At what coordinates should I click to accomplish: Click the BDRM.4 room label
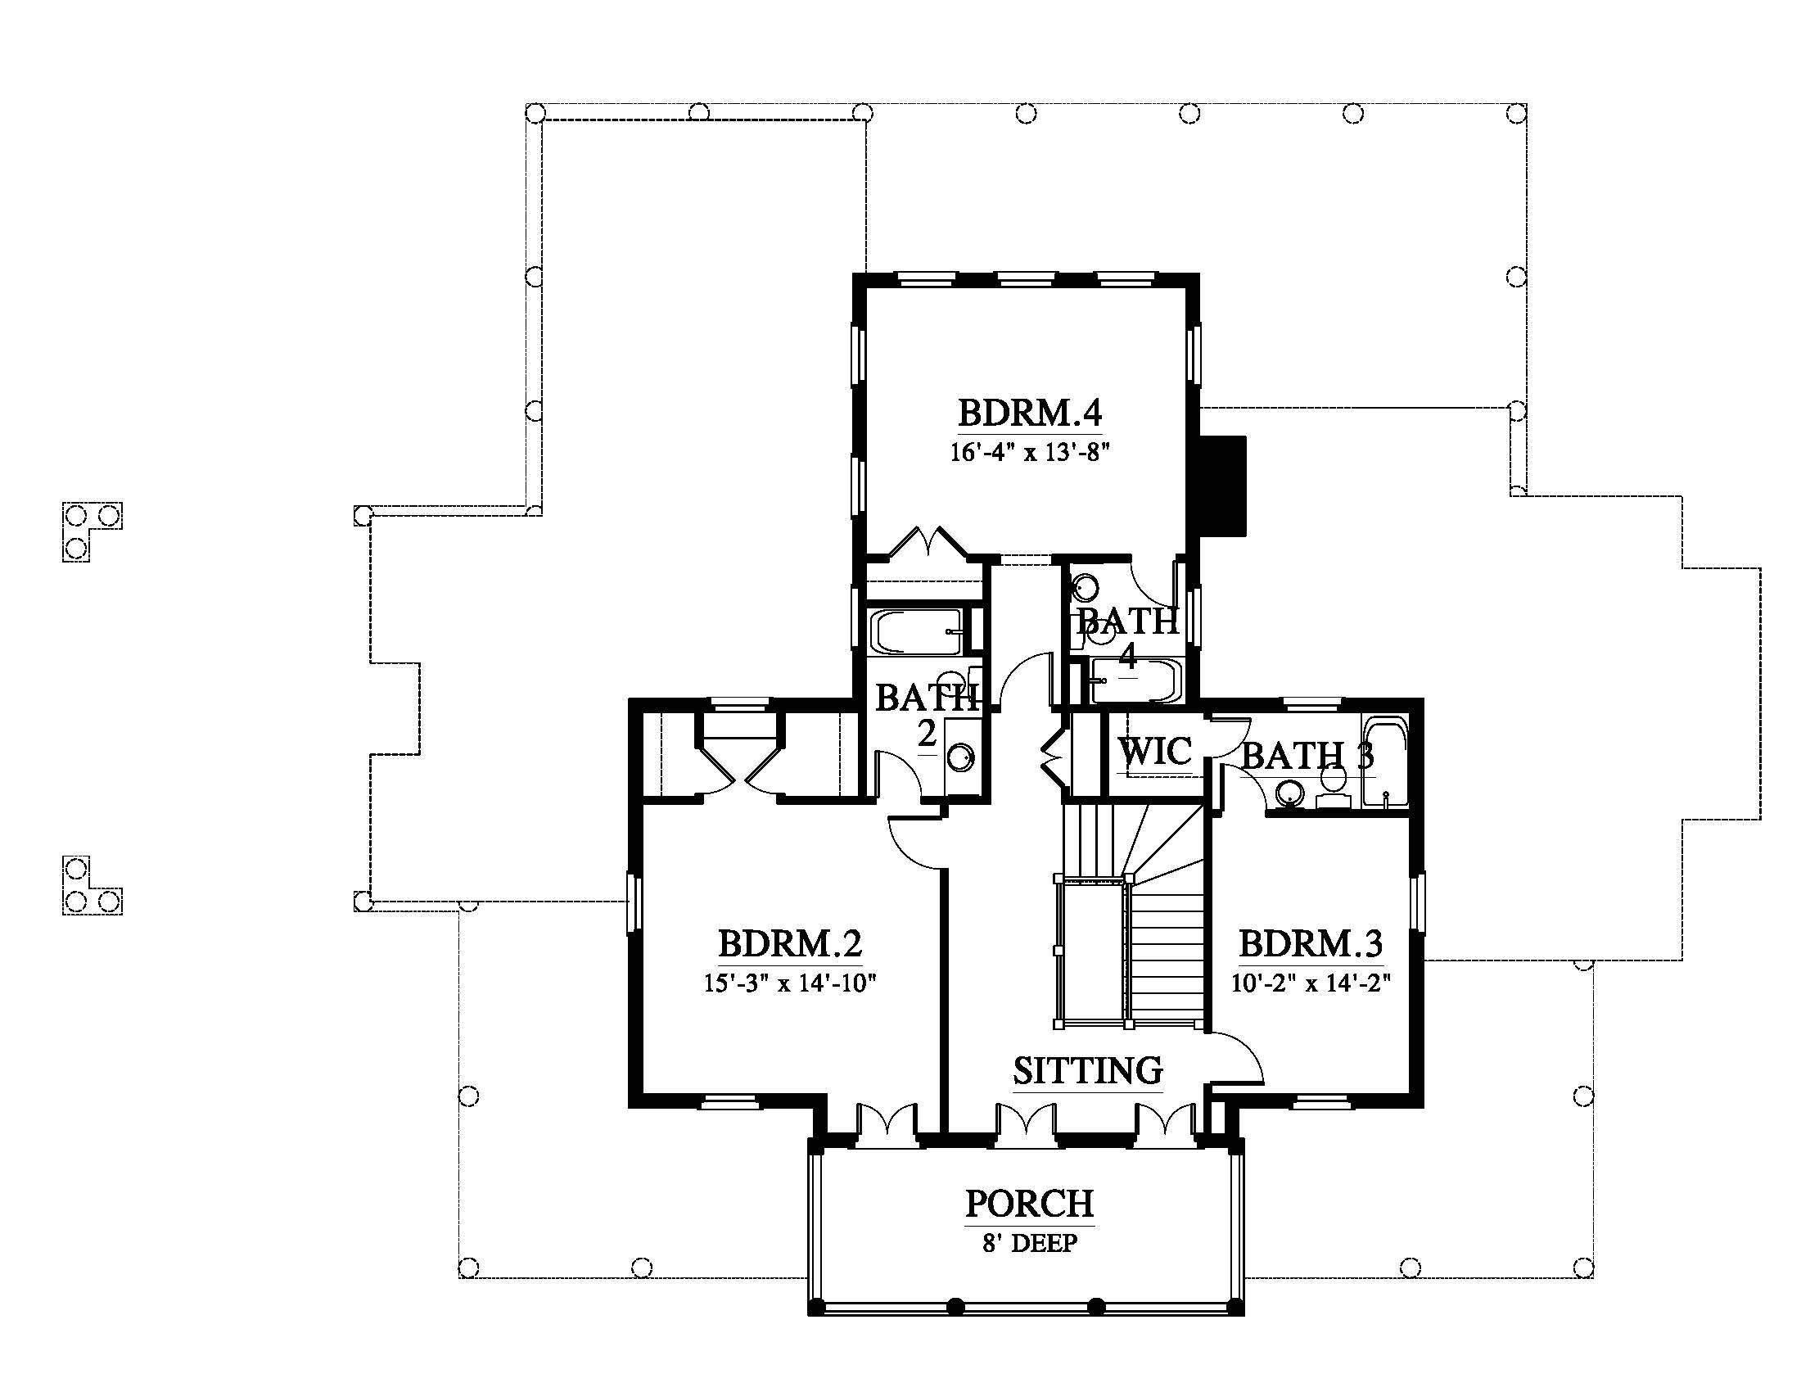pos(1029,413)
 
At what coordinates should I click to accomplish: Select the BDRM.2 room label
pos(790,942)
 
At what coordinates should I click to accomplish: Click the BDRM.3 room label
pos(1311,942)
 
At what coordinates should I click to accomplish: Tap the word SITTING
pos(1088,1070)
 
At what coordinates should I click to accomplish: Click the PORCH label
pos(1029,1203)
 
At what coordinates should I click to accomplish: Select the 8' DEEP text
pos(1029,1244)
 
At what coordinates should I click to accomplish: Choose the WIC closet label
pos(1154,751)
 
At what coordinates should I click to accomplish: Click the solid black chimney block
pos(1221,486)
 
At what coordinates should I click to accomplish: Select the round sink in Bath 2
pos(961,757)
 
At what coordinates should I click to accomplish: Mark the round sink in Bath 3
pos(1288,794)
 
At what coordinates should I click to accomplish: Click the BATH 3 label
pos(1307,757)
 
